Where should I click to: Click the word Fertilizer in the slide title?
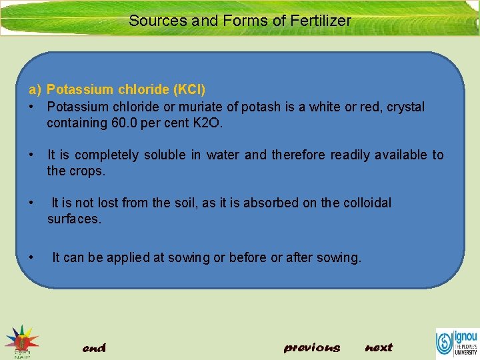pos(320,21)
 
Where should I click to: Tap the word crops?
pos(87,171)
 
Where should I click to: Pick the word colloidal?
pos(367,203)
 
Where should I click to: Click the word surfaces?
pos(74,219)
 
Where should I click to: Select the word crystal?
pos(404,107)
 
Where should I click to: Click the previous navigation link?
pos(311,347)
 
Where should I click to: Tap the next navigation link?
pos(379,347)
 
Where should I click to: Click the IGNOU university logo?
pos(456,342)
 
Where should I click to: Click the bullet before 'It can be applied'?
pos(31,257)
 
